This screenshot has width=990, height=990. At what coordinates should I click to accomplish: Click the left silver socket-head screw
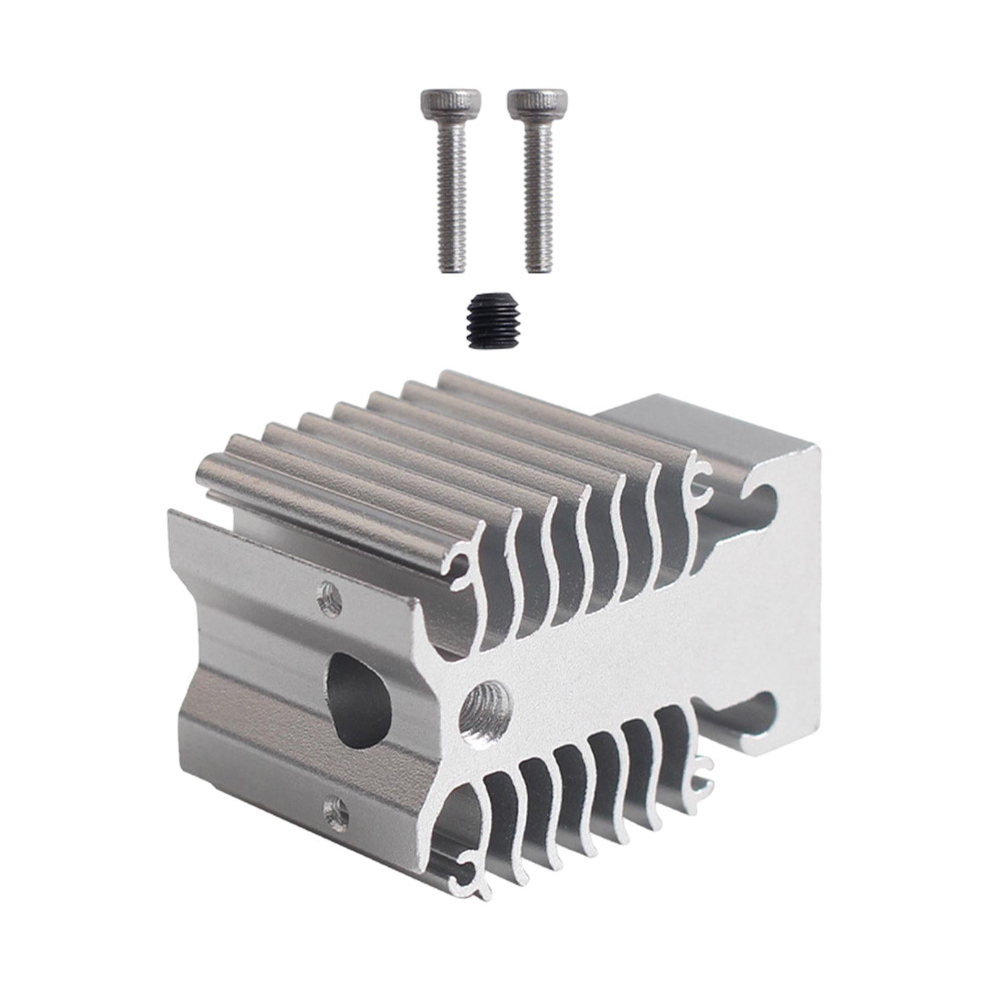pos(450,186)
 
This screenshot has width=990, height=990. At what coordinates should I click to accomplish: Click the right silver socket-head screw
pos(536,186)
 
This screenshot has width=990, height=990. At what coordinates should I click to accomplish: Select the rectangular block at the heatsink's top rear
pos(705,433)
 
